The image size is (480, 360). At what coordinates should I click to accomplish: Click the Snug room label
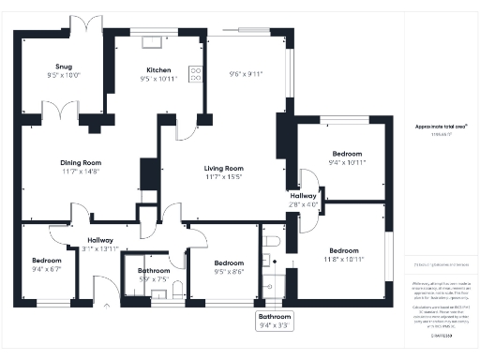point(65,67)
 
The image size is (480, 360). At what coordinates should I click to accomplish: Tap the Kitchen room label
point(157,70)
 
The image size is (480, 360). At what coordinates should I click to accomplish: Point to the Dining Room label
point(81,162)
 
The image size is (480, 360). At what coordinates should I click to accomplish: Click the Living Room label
point(224,169)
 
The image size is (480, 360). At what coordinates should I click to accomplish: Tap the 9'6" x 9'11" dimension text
point(247,73)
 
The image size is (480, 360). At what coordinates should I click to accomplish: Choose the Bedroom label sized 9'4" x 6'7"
point(46,261)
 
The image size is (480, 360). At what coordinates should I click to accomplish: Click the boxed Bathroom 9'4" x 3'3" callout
point(275,322)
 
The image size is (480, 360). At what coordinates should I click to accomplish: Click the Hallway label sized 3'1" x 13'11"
point(100,241)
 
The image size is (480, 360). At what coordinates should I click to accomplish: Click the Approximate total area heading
point(441,126)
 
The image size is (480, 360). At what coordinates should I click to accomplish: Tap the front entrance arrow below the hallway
point(105,307)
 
